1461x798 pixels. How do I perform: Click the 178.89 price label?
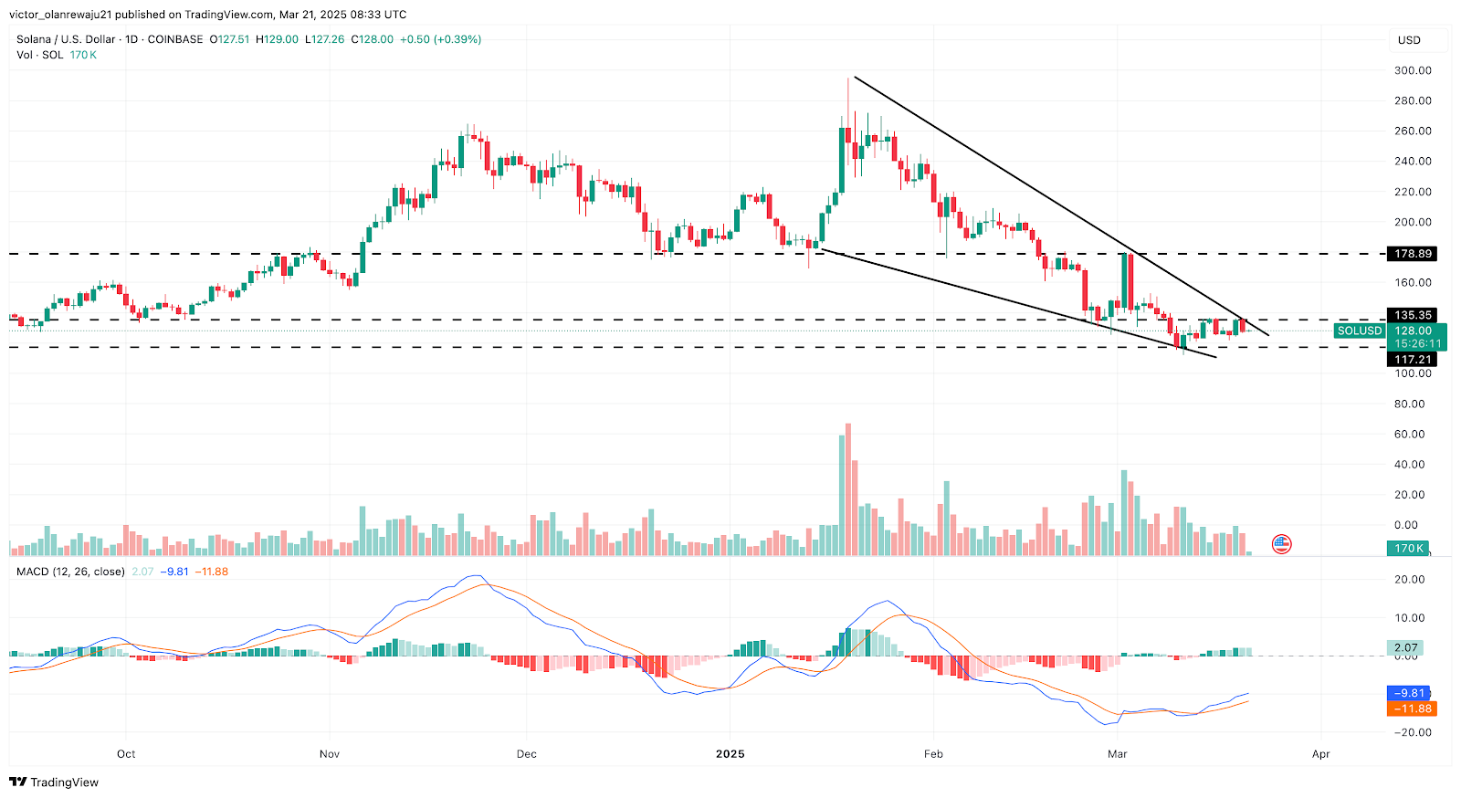pos(1413,254)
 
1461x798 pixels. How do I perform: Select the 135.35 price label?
pos(1413,315)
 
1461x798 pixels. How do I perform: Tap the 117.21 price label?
pos(1413,360)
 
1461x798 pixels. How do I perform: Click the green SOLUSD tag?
pos(1360,331)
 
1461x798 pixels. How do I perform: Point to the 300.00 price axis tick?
pos(1413,70)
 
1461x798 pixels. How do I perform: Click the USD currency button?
pos(1410,40)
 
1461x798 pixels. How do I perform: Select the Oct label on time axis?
pos(126,754)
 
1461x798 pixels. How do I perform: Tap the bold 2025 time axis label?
pos(730,754)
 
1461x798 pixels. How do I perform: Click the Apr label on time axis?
pos(1320,754)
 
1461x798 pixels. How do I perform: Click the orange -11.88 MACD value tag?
pos(1411,709)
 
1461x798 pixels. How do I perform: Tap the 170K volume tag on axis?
pos(1408,549)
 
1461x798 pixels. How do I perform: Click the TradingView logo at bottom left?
pos(54,782)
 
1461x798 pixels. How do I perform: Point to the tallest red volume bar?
pos(848,489)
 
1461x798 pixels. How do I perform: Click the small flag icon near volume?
pos(1282,545)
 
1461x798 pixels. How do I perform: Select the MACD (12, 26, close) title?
pos(70,572)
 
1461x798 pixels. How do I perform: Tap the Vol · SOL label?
pos(40,55)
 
